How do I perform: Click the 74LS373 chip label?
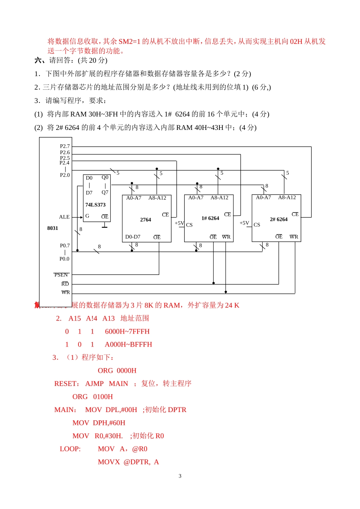[95, 205]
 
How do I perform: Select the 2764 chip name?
[146, 220]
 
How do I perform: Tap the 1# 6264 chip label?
[210, 218]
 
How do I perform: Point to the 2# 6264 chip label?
[279, 219]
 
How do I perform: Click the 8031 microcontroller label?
[53, 228]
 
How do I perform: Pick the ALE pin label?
[64, 217]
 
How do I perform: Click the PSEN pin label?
[61, 275]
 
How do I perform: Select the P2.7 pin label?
[65, 146]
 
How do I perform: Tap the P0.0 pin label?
[64, 259]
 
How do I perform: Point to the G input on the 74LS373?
[87, 216]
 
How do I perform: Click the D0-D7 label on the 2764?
[133, 237]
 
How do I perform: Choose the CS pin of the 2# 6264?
[257, 225]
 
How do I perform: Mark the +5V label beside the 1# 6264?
[179, 223]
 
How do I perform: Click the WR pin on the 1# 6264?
[226, 237]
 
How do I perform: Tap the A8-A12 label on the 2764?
[157, 198]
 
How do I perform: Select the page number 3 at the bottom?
[180, 476]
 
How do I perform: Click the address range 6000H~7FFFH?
[127, 331]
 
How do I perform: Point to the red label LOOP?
[70, 449]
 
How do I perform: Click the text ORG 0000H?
[117, 370]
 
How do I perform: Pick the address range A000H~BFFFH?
[128, 344]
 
